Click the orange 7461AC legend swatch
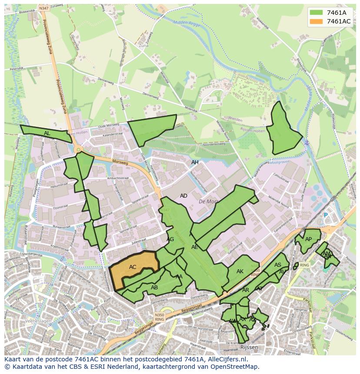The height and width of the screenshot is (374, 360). coord(317,21)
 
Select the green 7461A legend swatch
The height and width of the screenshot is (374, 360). coord(317,13)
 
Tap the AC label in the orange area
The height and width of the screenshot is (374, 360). coord(133,267)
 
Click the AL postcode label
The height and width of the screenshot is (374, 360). coord(47,133)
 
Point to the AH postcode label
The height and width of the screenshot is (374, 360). coord(195,162)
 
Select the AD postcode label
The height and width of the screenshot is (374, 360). coord(183,196)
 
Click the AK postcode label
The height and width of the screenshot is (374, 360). coord(240,271)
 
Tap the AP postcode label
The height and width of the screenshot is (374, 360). coord(308,239)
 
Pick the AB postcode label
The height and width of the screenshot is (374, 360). coord(154,288)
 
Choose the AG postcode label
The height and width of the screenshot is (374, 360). coord(170,239)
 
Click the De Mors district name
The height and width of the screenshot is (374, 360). coord(207,202)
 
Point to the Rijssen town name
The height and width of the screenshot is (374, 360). coord(249,348)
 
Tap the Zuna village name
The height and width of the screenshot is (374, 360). coord(143,45)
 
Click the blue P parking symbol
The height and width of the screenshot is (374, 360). coord(325,215)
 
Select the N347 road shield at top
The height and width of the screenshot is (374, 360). coord(43,8)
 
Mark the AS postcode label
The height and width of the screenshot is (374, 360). coord(278,265)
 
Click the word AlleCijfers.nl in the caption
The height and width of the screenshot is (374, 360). coord(225,359)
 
